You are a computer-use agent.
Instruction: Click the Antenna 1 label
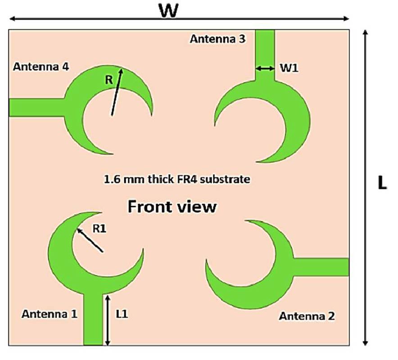tap(50, 314)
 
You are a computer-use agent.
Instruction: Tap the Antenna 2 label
tap(307, 316)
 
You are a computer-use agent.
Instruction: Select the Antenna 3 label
tap(218, 39)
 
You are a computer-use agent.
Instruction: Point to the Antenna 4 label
tap(41, 67)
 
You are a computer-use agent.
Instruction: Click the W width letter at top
tap(168, 11)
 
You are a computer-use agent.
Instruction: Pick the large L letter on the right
tap(382, 183)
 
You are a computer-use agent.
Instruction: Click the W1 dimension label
tap(289, 68)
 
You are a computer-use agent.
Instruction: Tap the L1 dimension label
tap(122, 315)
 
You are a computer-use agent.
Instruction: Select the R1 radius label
tap(99, 229)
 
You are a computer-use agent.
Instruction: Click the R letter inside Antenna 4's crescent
tap(109, 80)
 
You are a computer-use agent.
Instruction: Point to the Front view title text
tap(172, 207)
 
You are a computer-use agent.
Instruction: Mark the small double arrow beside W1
tap(265, 68)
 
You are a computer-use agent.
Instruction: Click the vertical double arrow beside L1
tap(108, 320)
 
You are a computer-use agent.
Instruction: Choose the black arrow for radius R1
tap(90, 240)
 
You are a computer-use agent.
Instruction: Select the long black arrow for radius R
tap(117, 92)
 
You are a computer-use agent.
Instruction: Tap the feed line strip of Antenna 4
tap(37, 108)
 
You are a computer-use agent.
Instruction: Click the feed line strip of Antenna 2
tap(321, 267)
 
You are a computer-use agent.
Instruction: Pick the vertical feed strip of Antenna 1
tap(93, 319)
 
